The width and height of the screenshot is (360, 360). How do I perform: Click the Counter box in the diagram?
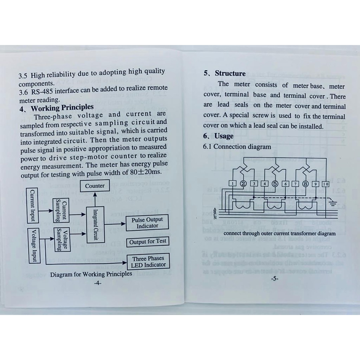coord(95,186)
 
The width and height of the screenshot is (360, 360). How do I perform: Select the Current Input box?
coord(33,205)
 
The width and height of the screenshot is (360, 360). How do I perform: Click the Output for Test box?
coord(147,242)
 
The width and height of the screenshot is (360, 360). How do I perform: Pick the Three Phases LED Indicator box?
coord(148,262)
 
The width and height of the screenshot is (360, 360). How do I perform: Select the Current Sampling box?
coord(61,210)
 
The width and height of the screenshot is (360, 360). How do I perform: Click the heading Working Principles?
coord(62,108)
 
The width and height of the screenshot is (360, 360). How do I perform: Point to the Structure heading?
coord(230,73)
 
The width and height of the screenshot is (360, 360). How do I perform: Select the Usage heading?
coord(224,136)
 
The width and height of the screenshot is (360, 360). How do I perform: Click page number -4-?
coord(98,283)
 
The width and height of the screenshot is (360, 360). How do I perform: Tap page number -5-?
coord(275,279)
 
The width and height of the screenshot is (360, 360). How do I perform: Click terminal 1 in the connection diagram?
coord(232,183)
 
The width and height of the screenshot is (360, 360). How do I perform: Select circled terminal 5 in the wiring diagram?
coord(275,183)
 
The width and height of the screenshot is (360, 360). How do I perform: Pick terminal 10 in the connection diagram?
coord(325,184)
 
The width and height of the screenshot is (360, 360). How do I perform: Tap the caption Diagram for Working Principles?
coord(91,274)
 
